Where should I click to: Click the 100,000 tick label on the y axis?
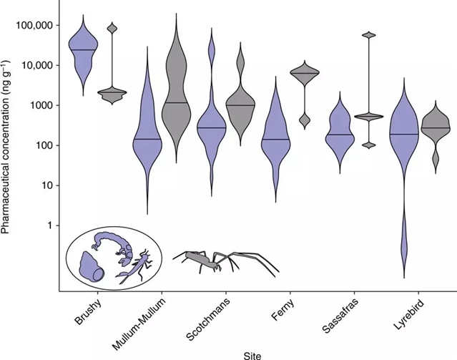click(34, 25)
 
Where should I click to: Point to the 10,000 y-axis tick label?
click(36, 65)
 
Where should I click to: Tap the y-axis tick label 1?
click(50, 225)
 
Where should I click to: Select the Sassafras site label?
click(335, 315)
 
